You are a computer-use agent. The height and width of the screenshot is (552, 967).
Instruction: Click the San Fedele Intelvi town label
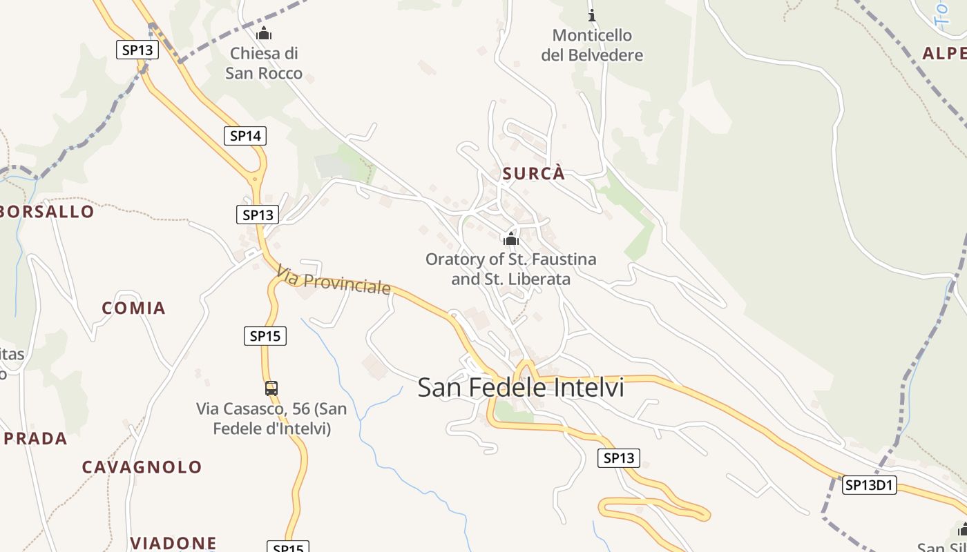(x=521, y=388)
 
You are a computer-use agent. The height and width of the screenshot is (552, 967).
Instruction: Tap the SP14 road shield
(x=245, y=136)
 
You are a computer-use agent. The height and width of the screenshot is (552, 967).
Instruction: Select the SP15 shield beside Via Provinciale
(x=265, y=336)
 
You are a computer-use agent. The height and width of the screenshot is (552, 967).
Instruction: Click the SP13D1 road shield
(x=869, y=485)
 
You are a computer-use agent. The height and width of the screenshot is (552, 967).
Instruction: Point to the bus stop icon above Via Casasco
(x=271, y=388)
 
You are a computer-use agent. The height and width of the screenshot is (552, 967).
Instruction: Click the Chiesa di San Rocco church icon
(x=264, y=33)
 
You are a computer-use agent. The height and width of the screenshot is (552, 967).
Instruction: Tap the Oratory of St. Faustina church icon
(x=511, y=239)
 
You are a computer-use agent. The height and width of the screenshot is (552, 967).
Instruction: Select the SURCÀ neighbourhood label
(x=534, y=174)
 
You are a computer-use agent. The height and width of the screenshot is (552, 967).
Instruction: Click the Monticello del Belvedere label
(x=592, y=45)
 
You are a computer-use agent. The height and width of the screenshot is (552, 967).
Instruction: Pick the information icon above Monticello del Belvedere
(x=591, y=14)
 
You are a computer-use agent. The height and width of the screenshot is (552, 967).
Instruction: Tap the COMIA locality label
(x=134, y=308)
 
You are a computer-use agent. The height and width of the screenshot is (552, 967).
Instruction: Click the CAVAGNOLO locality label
(x=142, y=467)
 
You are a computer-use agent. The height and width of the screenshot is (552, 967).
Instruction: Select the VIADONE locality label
(x=173, y=543)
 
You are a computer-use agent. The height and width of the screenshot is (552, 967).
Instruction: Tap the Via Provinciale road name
(x=334, y=280)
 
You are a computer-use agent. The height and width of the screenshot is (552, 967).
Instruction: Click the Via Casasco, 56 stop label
(x=271, y=419)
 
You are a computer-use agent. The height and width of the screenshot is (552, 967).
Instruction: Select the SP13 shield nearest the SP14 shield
(x=258, y=215)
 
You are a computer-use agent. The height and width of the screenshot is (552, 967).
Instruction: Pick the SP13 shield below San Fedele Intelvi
(x=619, y=457)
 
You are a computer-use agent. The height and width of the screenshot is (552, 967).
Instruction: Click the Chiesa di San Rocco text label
(x=264, y=63)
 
